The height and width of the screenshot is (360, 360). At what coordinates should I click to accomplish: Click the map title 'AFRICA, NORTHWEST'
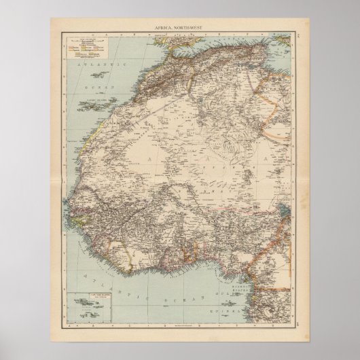tap(180, 26)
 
